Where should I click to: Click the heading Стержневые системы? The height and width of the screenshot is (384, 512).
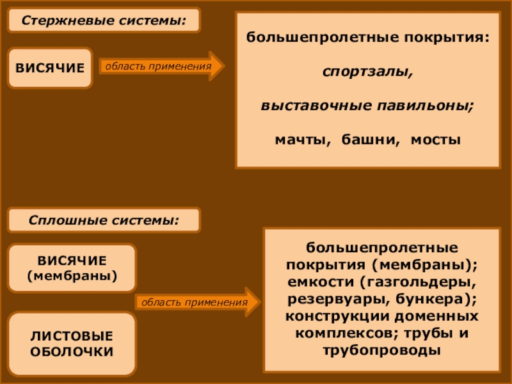(104, 20)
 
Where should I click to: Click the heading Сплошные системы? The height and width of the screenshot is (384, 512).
(104, 220)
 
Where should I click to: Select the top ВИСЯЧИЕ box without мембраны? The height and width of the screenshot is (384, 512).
(50, 67)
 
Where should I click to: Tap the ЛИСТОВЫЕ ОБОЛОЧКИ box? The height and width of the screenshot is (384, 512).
(72, 344)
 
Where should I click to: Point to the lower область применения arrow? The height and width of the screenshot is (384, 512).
(197, 301)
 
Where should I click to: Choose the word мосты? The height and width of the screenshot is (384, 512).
(435, 139)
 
